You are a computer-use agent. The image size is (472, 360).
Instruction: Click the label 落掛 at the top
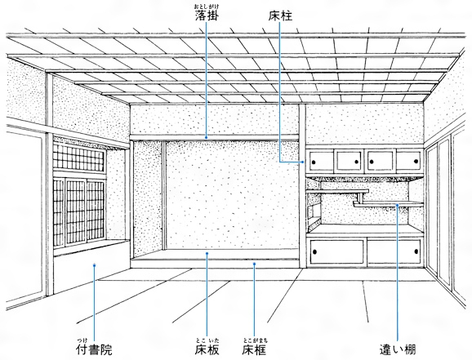point(207,16)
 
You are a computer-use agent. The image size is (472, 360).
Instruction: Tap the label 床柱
point(280,16)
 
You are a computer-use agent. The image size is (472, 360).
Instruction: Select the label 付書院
point(94,349)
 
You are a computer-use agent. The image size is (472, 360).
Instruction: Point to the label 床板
point(207,349)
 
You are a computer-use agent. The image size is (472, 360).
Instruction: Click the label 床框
point(254,349)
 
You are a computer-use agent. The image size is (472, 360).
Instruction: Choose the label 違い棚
point(398,349)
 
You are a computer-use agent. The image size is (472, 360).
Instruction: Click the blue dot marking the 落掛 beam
point(207,138)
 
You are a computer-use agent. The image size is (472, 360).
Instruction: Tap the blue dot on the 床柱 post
point(302,162)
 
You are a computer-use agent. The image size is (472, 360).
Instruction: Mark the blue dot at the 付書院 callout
point(94,264)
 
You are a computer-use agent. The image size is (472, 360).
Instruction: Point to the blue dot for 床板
point(207,253)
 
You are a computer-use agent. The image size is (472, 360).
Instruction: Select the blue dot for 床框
point(254,264)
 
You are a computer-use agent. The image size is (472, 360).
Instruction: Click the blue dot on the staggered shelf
point(398,205)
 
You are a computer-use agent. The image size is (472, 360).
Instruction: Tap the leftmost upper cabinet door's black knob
point(314,162)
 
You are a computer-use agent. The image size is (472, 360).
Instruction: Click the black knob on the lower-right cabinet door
point(416,251)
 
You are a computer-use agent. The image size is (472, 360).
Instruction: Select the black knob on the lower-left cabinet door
point(315,251)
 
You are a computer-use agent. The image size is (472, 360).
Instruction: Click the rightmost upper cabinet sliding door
point(409,161)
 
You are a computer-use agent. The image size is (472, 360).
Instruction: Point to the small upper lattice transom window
point(79,157)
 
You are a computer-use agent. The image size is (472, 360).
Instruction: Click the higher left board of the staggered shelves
point(338,191)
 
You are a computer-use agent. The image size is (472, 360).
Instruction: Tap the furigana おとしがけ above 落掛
point(207,7)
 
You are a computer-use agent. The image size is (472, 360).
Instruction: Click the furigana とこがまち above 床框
point(256,340)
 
